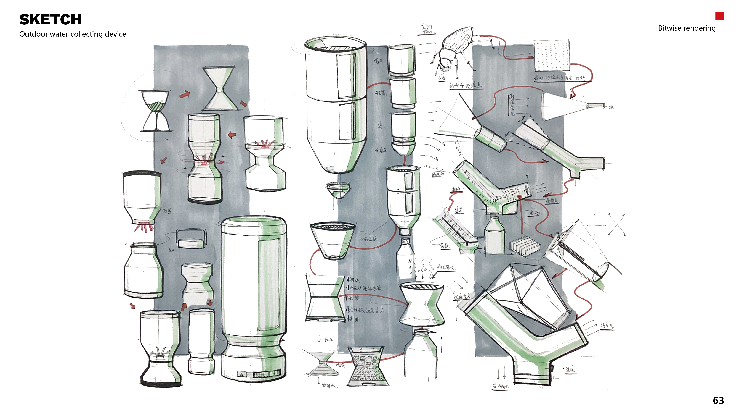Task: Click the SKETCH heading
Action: (x=50, y=20)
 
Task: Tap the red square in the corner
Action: (x=719, y=16)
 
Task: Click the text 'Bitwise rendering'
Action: (x=686, y=28)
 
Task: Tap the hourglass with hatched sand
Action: (x=156, y=111)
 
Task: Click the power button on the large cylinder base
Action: (x=242, y=374)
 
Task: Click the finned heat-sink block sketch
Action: (x=524, y=246)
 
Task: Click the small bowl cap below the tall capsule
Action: (x=338, y=190)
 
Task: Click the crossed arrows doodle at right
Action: (x=617, y=225)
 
